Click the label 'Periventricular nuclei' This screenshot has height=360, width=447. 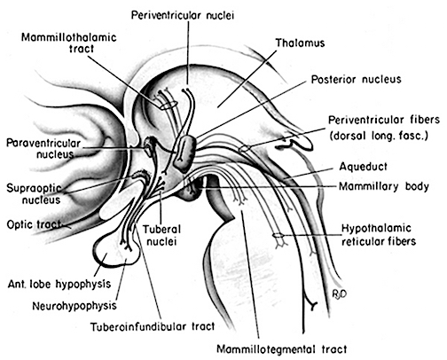pyautogui.click(x=183, y=15)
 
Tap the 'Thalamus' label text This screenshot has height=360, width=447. pyautogui.click(x=300, y=43)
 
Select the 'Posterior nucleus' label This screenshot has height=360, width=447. pyautogui.click(x=356, y=79)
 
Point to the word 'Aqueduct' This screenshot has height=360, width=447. pyautogui.click(x=363, y=167)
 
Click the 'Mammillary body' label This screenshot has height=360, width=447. pyautogui.click(x=384, y=186)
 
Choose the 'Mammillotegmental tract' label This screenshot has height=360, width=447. pyautogui.click(x=282, y=349)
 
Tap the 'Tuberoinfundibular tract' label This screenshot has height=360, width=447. pyautogui.click(x=153, y=326)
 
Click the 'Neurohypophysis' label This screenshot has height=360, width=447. pyautogui.click(x=74, y=306)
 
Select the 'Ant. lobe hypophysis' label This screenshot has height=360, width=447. pyautogui.click(x=59, y=284)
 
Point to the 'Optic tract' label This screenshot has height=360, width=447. pyautogui.click(x=34, y=224)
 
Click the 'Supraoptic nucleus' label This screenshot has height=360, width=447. pyautogui.click(x=34, y=194)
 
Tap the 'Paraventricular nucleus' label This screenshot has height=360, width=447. pyautogui.click(x=43, y=149)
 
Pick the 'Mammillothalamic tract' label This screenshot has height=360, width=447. pyautogui.click(x=69, y=43)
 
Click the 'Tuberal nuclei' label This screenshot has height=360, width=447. pyautogui.click(x=161, y=235)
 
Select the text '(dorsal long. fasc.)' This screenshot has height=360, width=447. pyautogui.click(x=379, y=136)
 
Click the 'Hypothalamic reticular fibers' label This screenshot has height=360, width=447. pyautogui.click(x=379, y=235)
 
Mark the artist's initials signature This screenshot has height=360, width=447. pyautogui.click(x=339, y=293)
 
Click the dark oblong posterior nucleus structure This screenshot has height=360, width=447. pyautogui.click(x=184, y=153)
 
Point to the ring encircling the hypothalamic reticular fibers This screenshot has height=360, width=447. pyautogui.click(x=278, y=236)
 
